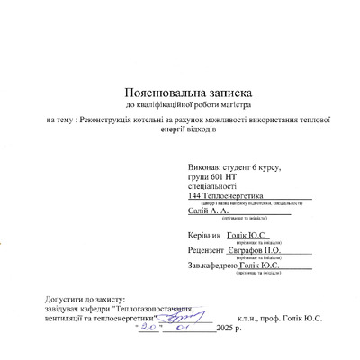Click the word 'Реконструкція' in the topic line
(x=122, y=120)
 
